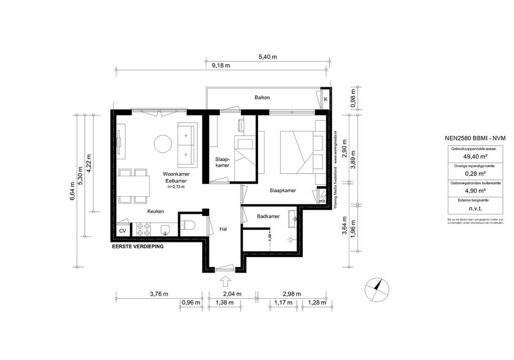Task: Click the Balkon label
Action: [262, 97]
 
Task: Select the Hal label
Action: [224, 229]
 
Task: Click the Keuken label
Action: [155, 211]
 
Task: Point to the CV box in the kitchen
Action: [122, 231]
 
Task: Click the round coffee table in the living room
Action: [163, 144]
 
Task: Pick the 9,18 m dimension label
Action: [220, 65]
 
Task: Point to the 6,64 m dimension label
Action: [72, 193]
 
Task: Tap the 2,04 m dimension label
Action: [232, 294]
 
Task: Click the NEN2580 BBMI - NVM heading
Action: [475, 138]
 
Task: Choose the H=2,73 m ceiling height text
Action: [176, 187]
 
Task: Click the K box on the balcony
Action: [325, 99]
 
